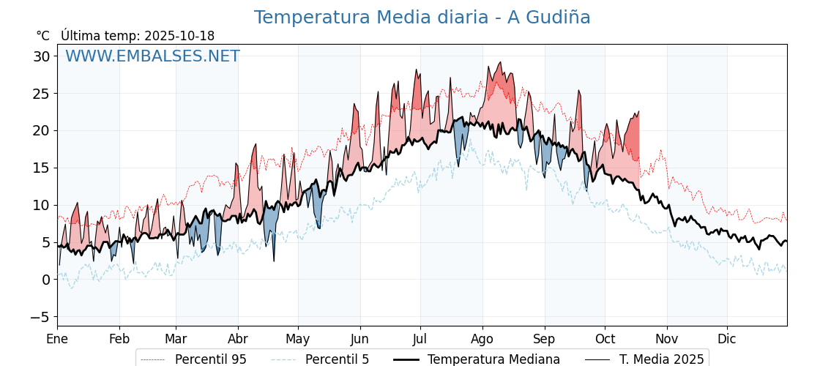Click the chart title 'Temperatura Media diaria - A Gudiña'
pyautogui.click(x=422, y=18)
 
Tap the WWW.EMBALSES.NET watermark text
pyautogui.click(x=152, y=56)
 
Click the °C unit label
pyautogui.click(x=43, y=36)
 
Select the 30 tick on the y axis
pyautogui.click(x=41, y=56)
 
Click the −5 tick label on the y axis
pyautogui.click(x=40, y=317)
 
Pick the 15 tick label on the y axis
pyautogui.click(x=41, y=168)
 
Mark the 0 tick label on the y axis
pyautogui.click(x=45, y=280)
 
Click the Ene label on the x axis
pyautogui.click(x=57, y=339)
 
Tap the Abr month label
pyautogui.click(x=237, y=339)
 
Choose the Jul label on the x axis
pyautogui.click(x=420, y=339)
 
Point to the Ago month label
pyautogui.click(x=482, y=339)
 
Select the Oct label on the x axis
pyautogui.click(x=605, y=339)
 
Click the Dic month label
pyautogui.click(x=727, y=339)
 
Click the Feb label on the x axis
pyautogui.click(x=119, y=339)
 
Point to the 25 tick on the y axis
pyautogui.click(x=41, y=94)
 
